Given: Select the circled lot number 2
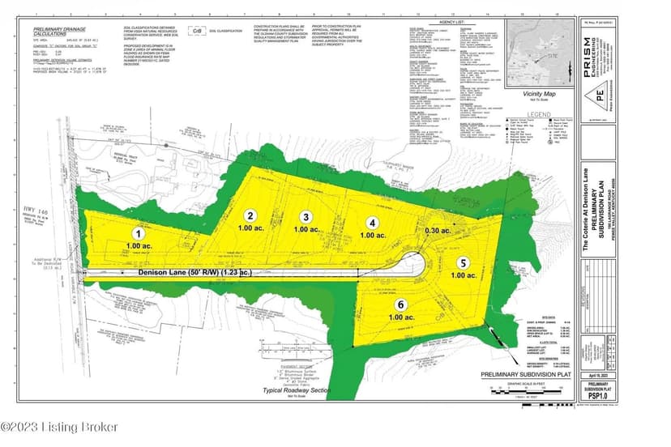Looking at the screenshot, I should click(x=251, y=215).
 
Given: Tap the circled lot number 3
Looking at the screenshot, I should click(x=306, y=217).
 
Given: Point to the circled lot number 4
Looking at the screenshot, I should click(x=372, y=222).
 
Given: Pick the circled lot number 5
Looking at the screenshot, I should click(x=463, y=263).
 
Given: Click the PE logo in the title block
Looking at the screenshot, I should click(x=600, y=94).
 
